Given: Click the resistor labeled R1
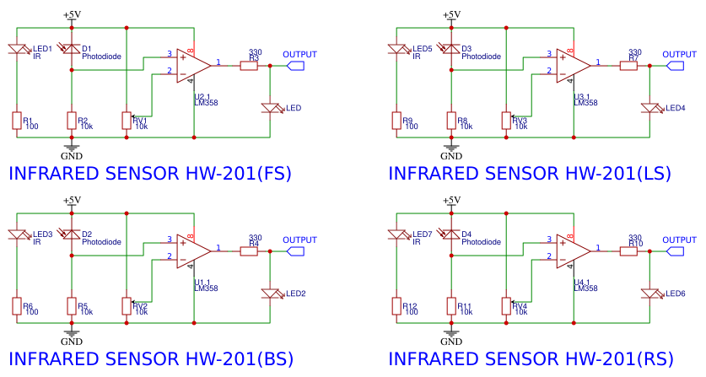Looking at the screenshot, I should point(16,120).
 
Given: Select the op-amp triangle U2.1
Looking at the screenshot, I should point(192,64).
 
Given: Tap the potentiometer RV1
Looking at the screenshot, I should point(127,120).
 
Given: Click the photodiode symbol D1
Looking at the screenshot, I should point(72,51).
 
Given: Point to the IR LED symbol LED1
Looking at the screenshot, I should point(16,51).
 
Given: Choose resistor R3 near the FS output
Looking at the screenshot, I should point(249,65).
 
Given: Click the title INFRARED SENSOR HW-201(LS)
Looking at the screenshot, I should point(530,174).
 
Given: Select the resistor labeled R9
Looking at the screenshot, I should point(396,120).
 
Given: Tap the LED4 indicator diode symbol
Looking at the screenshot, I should point(650,108).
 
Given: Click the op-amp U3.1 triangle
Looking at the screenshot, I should point(572,64).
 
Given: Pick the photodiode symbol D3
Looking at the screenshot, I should point(451,51).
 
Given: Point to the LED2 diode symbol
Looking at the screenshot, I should point(270,294).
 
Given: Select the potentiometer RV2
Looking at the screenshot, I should point(127,305).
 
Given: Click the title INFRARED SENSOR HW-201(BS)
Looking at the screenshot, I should point(150,359).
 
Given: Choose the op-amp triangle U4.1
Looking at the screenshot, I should point(572,250).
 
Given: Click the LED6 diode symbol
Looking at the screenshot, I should point(650,294).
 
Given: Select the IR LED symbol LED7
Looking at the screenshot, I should point(396,237).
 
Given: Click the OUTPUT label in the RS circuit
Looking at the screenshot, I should point(679,240).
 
